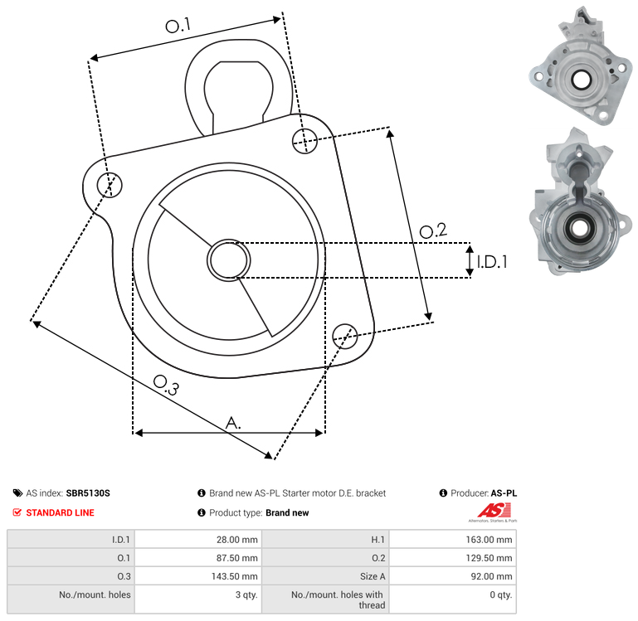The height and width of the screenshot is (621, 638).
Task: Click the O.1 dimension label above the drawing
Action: (178, 26)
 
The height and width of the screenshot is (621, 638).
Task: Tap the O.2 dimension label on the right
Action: (433, 230)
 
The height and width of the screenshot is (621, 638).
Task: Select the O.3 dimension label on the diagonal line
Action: (166, 386)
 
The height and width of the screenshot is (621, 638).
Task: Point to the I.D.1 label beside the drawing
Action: (492, 262)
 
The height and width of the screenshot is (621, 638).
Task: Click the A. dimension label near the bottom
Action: (233, 423)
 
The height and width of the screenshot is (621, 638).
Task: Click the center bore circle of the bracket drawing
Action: (229, 260)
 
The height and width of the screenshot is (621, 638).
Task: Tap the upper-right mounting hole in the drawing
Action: (304, 141)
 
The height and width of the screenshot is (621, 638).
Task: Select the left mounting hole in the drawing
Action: (110, 185)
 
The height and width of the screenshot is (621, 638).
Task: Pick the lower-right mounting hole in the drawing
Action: (345, 337)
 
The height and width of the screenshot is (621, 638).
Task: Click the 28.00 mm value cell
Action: (236, 540)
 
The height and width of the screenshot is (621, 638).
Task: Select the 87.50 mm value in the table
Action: (236, 558)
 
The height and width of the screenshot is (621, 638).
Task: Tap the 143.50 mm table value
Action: (234, 576)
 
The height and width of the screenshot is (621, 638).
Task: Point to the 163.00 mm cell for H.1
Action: (489, 540)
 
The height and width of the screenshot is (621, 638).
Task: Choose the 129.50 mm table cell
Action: (489, 558)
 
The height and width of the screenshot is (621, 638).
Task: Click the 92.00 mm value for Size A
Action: (491, 576)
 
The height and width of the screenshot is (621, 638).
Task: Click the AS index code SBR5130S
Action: (88, 492)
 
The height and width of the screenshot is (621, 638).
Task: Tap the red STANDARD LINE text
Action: (61, 512)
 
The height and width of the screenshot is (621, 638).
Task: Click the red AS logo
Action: (494, 512)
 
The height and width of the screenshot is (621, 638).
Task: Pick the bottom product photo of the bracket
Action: (580, 201)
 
